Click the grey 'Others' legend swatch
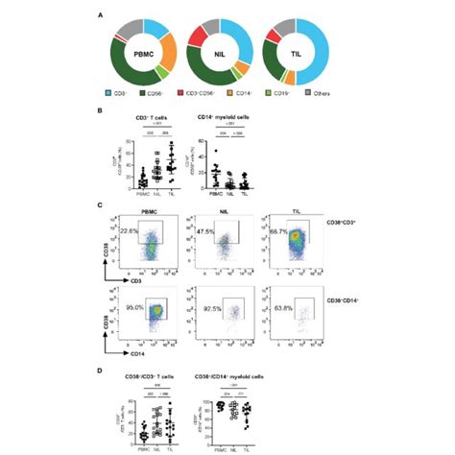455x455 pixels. [x=307, y=94]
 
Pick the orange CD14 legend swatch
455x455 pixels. [x=232, y=94]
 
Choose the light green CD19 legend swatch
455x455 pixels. [x=271, y=94]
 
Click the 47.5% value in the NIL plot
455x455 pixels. [x=203, y=231]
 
